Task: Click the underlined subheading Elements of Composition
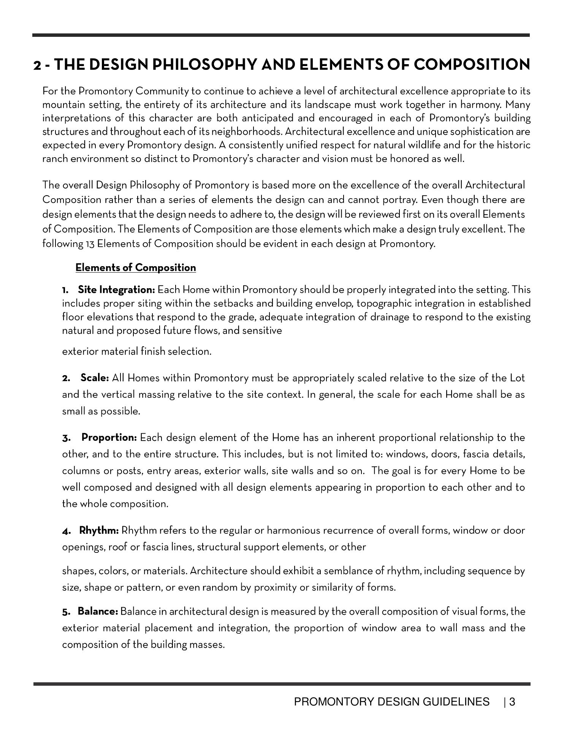coord(136,268)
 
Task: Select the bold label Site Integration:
coord(116,290)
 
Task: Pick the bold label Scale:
coord(95,378)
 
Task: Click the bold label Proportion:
coord(109,437)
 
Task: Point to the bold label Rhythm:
coord(99,530)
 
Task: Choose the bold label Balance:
coord(98,611)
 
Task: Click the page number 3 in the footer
coord(512,702)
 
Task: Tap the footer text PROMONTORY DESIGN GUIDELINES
coord(392,702)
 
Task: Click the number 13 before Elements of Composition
coord(89,244)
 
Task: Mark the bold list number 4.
coord(66,531)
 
